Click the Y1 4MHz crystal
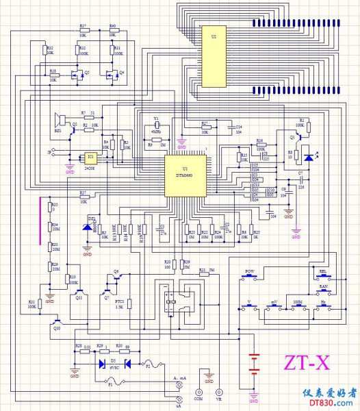tap(156, 132)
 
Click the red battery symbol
tap(255, 363)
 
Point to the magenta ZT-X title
tap(307, 362)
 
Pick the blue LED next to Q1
tap(309, 158)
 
